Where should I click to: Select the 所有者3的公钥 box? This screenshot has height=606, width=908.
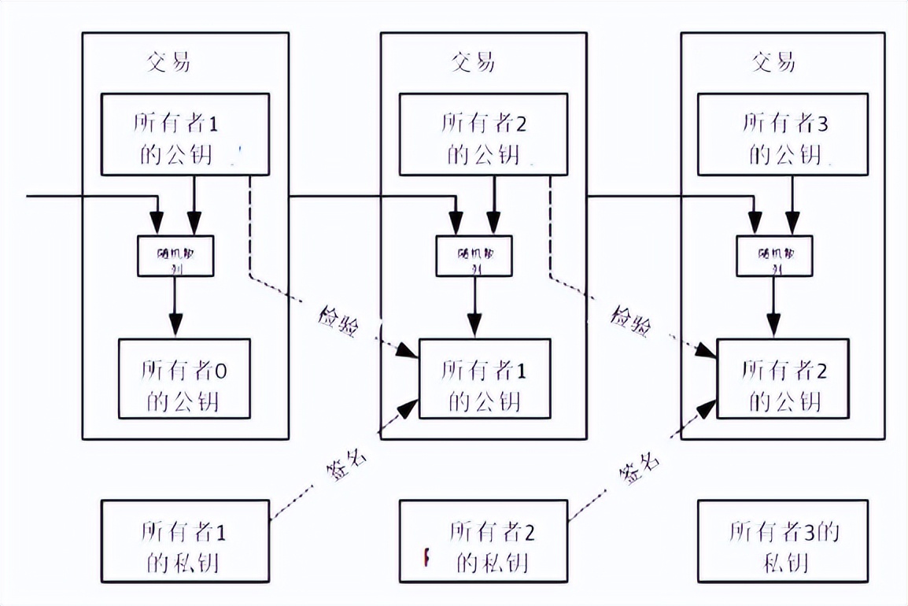(x=783, y=135)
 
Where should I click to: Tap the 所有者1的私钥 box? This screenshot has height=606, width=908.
(x=186, y=540)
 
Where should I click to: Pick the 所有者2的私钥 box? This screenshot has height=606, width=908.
(x=483, y=540)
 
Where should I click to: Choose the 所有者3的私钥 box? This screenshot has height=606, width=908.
(x=784, y=540)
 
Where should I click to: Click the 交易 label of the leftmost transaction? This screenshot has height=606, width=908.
(x=168, y=62)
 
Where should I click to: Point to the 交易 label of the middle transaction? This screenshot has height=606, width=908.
(x=473, y=62)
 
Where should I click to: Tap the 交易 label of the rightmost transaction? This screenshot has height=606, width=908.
(x=773, y=62)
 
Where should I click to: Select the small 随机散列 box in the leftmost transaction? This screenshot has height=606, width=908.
(x=175, y=255)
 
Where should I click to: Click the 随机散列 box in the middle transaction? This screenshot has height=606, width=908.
(x=474, y=255)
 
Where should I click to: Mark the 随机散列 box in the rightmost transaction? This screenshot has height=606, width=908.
(x=773, y=255)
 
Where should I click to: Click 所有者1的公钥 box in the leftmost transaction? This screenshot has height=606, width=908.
(x=186, y=135)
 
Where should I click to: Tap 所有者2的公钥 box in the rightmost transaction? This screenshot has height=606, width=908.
(x=783, y=379)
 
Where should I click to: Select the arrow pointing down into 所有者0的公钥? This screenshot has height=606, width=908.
(x=175, y=311)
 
